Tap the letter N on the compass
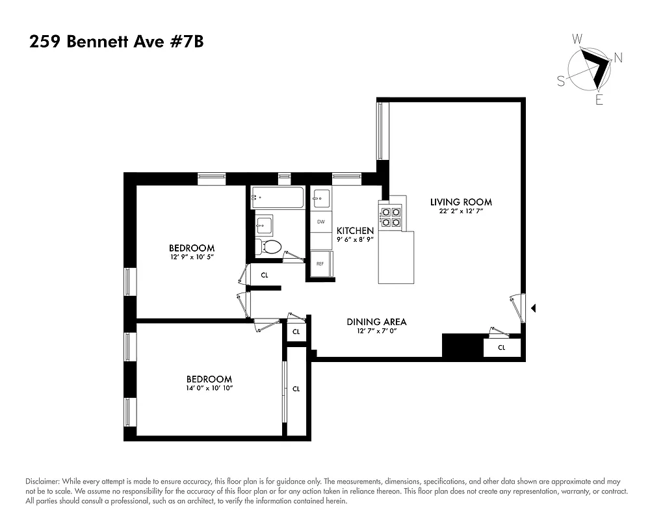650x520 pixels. click(x=617, y=58)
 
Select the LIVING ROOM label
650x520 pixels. click(x=461, y=202)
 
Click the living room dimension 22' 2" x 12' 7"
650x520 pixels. click(x=461, y=211)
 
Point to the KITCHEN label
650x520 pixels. click(x=355, y=231)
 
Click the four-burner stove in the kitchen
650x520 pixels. click(x=393, y=216)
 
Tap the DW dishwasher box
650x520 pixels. click(x=320, y=222)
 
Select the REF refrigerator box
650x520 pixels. click(x=320, y=264)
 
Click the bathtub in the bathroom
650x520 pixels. click(x=278, y=198)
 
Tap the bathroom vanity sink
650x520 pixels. click(x=264, y=225)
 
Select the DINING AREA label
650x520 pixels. click(x=376, y=322)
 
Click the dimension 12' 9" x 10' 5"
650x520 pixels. click(x=192, y=257)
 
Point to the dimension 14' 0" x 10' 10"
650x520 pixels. click(x=209, y=388)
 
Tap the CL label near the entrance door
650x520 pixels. click(x=502, y=348)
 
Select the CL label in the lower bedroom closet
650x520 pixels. click(x=296, y=389)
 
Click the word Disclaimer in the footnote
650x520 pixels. click(x=42, y=481)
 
